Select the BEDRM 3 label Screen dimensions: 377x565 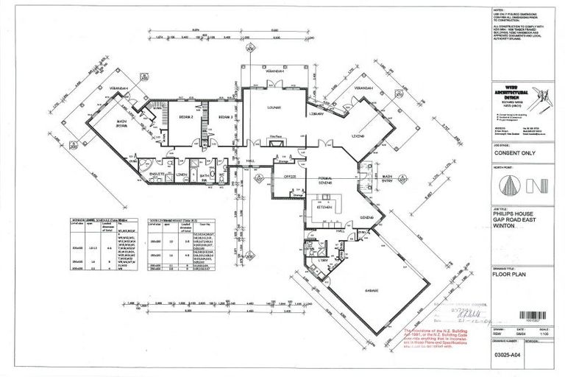coord(224,116)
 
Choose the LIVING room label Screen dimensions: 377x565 coord(358,136)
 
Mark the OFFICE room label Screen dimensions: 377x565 coord(289,176)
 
